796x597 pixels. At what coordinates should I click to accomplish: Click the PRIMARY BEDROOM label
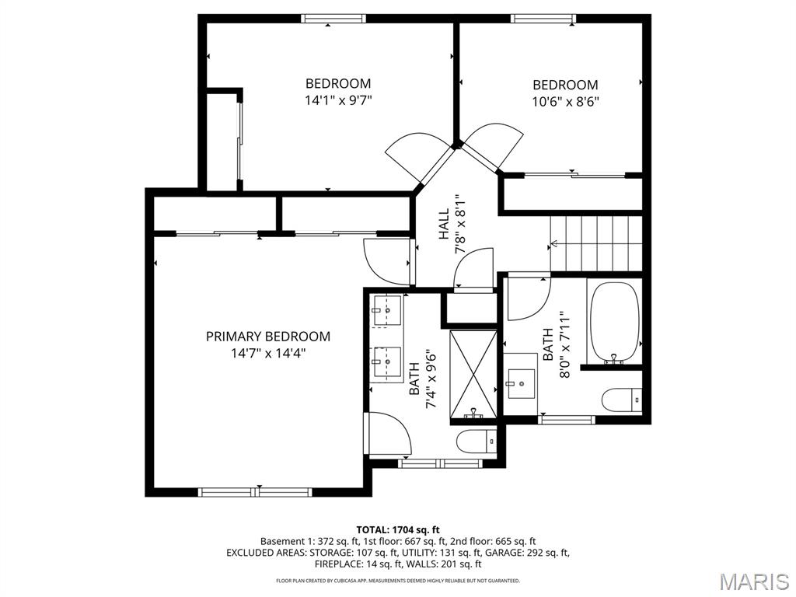[268, 337]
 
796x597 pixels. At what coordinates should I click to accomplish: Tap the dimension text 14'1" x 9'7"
[338, 99]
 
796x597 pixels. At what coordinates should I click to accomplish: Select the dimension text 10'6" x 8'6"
[565, 101]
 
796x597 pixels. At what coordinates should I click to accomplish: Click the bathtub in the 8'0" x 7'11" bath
[614, 322]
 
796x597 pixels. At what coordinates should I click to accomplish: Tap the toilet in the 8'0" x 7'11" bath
[622, 400]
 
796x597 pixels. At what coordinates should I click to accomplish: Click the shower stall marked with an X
[473, 376]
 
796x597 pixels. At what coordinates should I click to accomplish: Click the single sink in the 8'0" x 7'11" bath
[521, 382]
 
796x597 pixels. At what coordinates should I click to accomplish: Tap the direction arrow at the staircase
[553, 244]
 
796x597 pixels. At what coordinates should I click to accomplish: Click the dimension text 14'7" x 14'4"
[268, 352]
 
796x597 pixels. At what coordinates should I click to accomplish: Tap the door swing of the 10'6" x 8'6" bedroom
[491, 146]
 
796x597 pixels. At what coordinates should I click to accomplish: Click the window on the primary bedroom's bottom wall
[256, 491]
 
